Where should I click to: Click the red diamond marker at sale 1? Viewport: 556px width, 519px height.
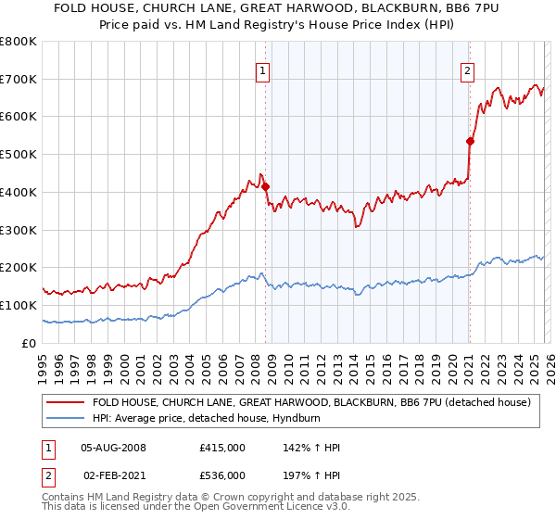[x=265, y=186]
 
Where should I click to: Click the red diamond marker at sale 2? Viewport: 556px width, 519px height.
[x=470, y=141]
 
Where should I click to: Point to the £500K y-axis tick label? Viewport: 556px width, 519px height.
[x=18, y=155]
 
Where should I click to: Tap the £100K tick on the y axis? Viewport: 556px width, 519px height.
[x=18, y=305]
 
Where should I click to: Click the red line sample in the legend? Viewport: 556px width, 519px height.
[x=66, y=402]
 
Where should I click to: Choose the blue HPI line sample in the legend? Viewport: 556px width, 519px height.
[x=66, y=418]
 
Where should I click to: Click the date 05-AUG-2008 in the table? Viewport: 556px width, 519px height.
[x=114, y=448]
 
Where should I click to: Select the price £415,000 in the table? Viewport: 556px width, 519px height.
[x=221, y=448]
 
